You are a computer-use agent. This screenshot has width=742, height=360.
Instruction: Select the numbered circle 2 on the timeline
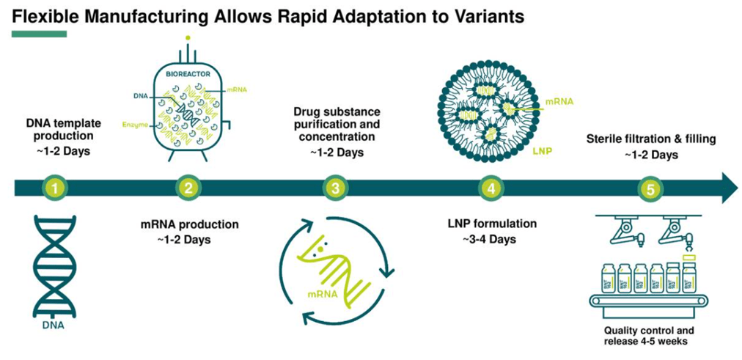tap(188, 188)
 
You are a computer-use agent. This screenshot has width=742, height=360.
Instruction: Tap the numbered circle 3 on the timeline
tap(335, 188)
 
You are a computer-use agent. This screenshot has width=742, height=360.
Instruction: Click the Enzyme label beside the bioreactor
tap(136, 126)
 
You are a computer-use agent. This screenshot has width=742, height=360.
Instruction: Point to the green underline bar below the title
tap(40, 34)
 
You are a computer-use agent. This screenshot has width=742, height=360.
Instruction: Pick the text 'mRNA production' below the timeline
tap(188, 224)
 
